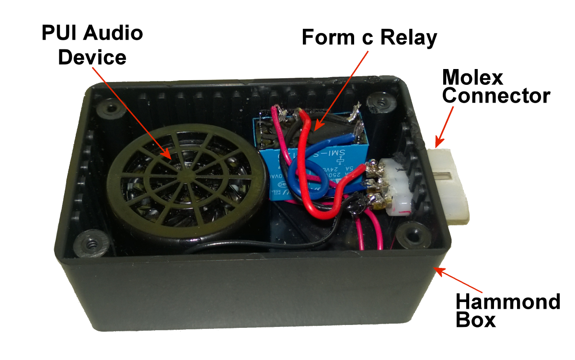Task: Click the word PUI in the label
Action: point(59,34)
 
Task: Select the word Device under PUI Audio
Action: point(92,58)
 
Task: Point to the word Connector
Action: point(496,96)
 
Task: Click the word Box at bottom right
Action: point(475,320)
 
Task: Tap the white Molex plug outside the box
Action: point(450,185)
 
